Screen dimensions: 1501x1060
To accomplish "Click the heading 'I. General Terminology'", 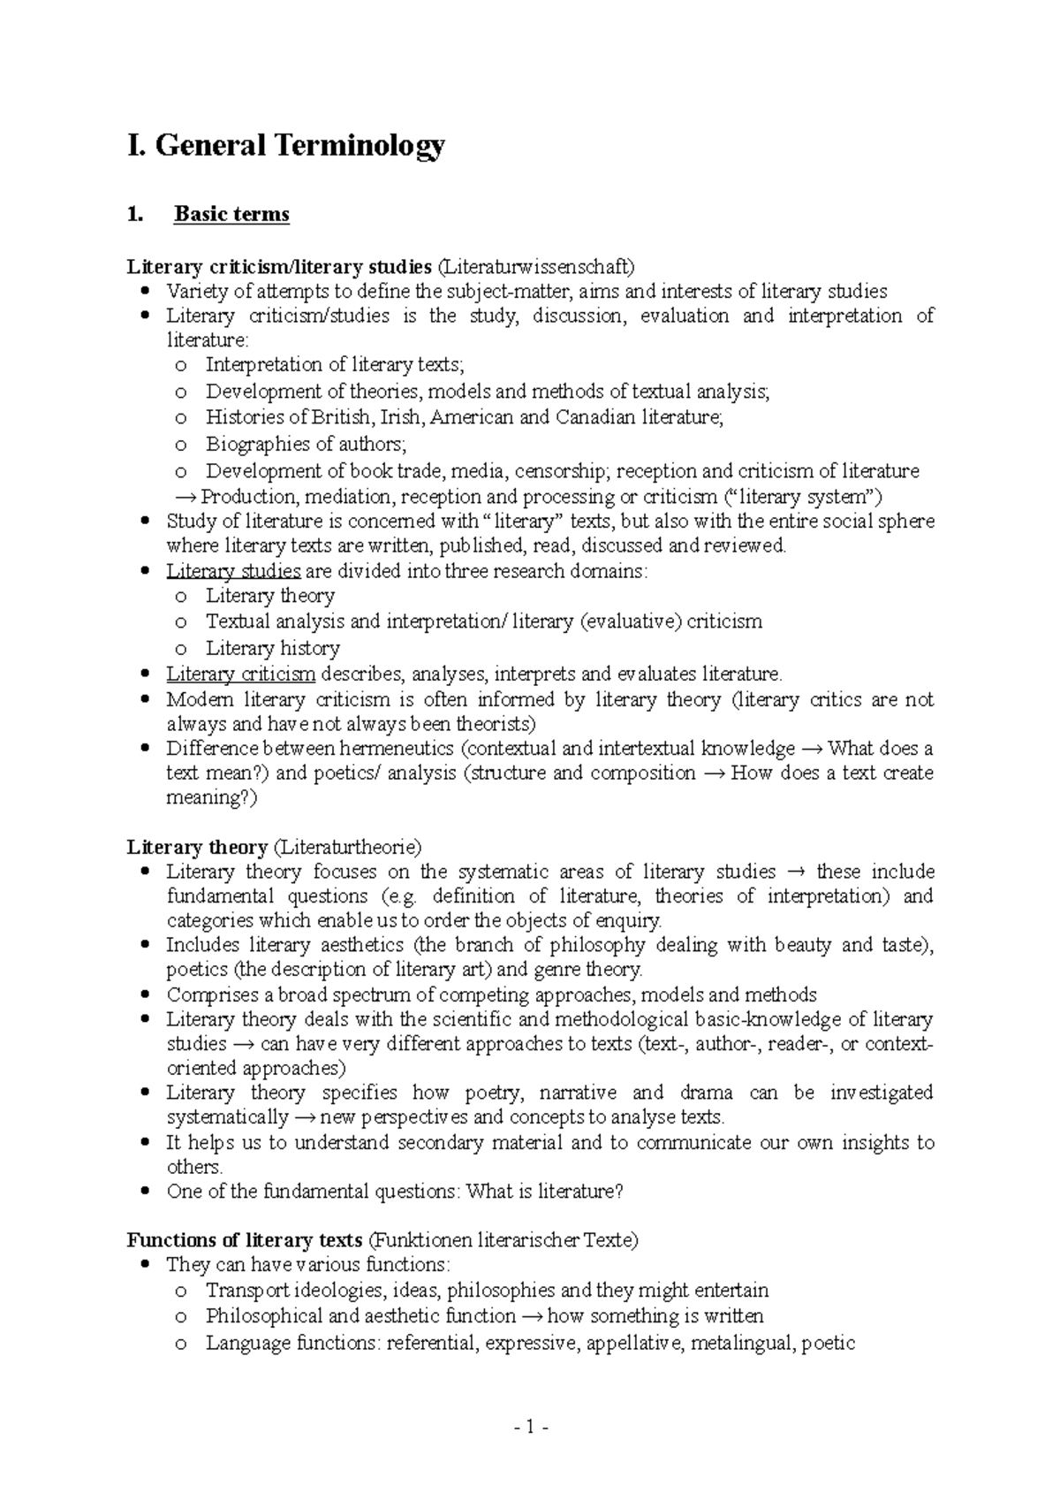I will click(285, 144).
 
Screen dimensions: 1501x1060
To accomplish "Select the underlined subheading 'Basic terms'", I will click(231, 214).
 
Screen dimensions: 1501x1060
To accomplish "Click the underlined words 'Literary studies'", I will click(233, 571).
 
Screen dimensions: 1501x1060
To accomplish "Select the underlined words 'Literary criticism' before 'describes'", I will click(240, 674).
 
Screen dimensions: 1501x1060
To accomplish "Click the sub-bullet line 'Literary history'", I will click(272, 648).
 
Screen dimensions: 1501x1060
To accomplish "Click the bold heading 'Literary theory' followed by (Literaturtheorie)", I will click(197, 847).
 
